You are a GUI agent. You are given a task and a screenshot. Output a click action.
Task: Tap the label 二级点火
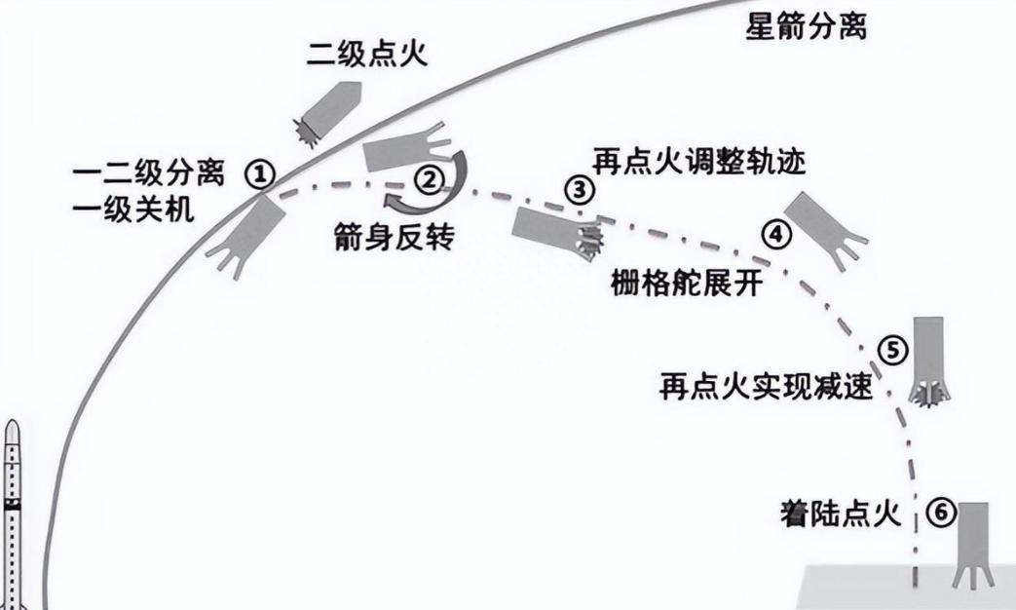click(367, 54)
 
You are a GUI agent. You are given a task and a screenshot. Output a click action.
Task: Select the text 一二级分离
click(148, 173)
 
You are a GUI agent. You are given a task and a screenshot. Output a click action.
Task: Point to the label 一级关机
click(132, 210)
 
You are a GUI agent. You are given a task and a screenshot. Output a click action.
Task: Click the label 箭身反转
click(394, 238)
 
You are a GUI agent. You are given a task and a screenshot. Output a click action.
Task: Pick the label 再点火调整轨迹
click(699, 161)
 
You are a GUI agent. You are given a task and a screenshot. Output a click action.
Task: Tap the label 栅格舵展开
click(687, 284)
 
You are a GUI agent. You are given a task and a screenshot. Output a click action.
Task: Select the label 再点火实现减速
click(766, 388)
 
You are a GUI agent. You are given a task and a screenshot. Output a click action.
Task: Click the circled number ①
click(260, 173)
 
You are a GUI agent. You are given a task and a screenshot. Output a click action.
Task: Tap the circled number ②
click(430, 179)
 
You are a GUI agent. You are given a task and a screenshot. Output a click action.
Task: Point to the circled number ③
click(580, 191)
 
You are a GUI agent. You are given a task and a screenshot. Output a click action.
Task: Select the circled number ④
click(776, 234)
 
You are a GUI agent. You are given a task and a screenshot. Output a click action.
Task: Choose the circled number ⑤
click(892, 351)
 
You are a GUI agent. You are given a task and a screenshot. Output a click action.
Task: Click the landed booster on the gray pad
click(973, 545)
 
